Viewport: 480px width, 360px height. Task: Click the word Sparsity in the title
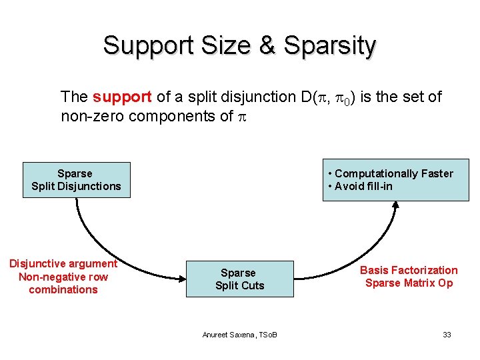tap(329, 45)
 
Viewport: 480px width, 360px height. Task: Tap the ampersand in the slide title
tap(267, 45)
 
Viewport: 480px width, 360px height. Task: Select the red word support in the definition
tap(122, 97)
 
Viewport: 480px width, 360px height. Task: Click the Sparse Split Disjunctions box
tap(76, 180)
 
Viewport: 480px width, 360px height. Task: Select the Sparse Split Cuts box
tap(239, 279)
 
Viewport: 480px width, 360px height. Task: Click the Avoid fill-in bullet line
tap(363, 186)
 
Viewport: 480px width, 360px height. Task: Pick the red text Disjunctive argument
tap(63, 264)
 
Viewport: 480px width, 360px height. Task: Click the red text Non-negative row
tap(63, 277)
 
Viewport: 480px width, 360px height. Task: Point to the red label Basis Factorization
tap(409, 270)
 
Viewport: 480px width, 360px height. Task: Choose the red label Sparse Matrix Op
tap(409, 283)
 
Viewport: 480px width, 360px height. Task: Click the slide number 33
tap(447, 334)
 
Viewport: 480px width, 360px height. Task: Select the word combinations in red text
tap(63, 289)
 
